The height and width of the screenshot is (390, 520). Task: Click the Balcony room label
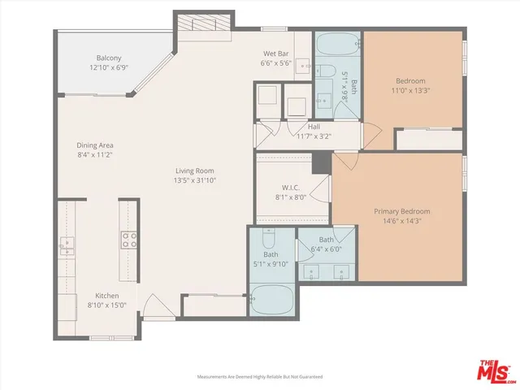point(109,58)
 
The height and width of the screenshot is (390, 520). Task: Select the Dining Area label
point(93,145)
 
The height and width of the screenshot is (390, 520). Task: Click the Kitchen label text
point(107,295)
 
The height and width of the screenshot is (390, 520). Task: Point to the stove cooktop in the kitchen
point(128,239)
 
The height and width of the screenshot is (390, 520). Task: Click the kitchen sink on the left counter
point(67,245)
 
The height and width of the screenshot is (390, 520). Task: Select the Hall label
point(314,127)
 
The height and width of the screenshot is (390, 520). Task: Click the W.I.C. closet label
point(292,187)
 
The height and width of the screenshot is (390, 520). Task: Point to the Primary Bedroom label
point(401,211)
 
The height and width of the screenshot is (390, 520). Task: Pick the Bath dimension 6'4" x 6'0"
point(326,249)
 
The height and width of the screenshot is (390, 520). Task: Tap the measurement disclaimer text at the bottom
point(260,377)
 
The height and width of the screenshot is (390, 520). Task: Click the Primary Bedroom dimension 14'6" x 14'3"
point(401,221)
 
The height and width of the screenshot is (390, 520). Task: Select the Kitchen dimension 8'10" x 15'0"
point(107,305)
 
